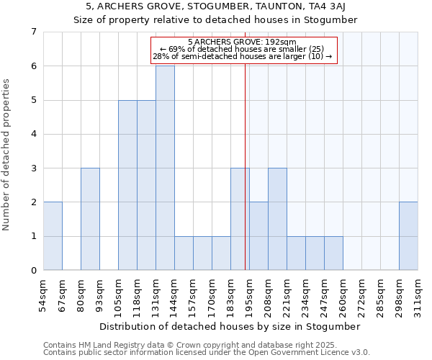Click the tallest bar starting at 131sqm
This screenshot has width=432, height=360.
(x=165, y=168)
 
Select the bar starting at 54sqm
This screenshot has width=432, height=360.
(x=53, y=236)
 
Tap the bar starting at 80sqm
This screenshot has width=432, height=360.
(x=90, y=219)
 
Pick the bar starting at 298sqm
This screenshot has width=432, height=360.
(x=408, y=236)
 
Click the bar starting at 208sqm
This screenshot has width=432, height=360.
(x=277, y=219)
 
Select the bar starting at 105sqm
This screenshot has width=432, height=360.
(x=127, y=185)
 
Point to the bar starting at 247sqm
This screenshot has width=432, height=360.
(x=333, y=253)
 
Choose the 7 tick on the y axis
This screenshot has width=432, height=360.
(x=33, y=32)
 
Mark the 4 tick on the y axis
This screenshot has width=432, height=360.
(x=33, y=134)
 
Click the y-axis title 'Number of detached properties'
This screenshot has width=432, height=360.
(x=7, y=155)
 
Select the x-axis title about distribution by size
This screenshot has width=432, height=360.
(x=230, y=326)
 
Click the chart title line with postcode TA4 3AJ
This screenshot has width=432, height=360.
(x=215, y=6)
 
